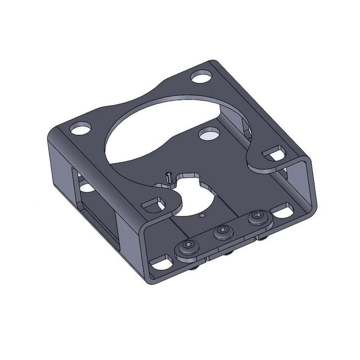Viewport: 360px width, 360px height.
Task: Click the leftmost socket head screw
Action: pos(189,246)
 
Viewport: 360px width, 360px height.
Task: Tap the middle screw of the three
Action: pos(222,231)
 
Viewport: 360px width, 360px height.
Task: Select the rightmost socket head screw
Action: pos(257,216)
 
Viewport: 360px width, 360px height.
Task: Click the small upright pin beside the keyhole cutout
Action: pos(169,177)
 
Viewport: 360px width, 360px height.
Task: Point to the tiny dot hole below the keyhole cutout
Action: pos(201,216)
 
